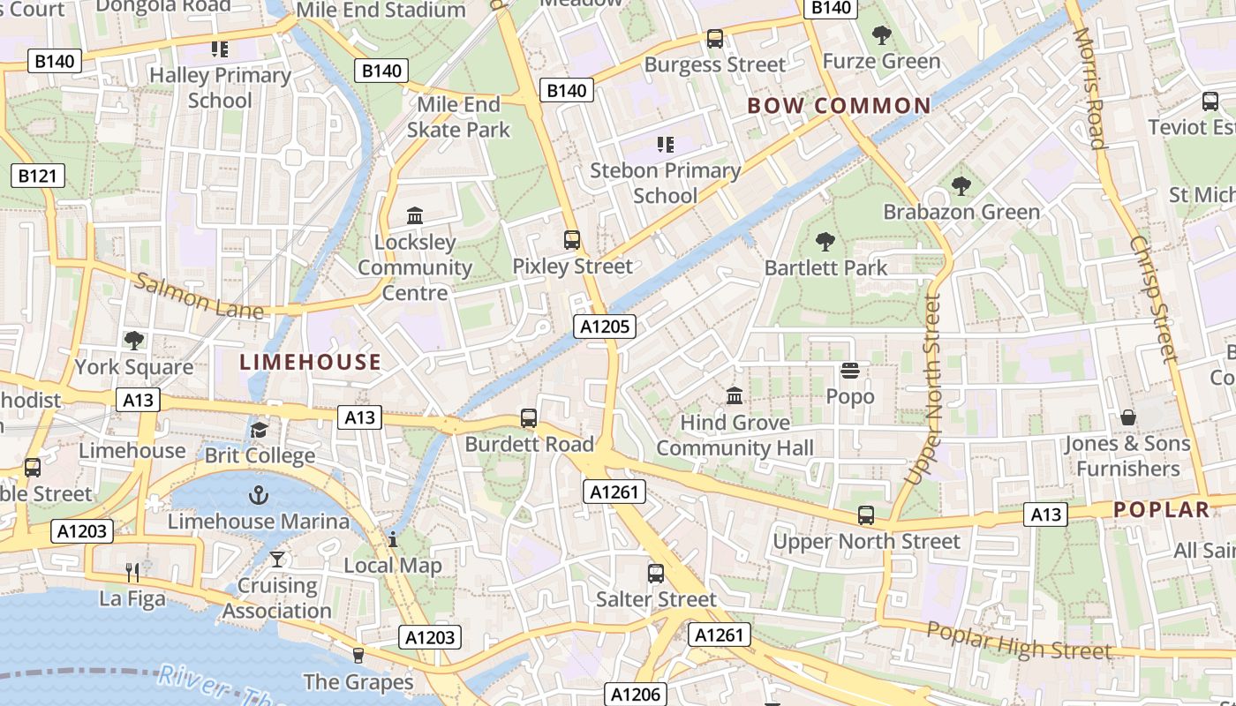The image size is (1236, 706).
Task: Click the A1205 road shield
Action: click(x=605, y=327)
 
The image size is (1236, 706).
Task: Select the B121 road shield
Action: click(x=37, y=176)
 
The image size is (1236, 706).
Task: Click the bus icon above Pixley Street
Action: click(x=572, y=240)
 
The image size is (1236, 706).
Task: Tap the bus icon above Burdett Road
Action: click(x=529, y=418)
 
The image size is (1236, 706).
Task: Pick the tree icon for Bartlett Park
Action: click(x=825, y=242)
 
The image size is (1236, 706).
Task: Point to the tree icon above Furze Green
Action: click(x=881, y=35)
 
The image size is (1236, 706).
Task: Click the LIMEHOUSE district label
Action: click(x=311, y=362)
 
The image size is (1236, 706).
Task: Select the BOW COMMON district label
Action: click(x=839, y=106)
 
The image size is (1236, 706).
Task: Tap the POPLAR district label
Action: click(x=1161, y=509)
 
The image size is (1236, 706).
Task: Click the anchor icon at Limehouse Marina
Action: click(x=259, y=494)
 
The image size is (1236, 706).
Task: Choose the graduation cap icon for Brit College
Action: click(x=259, y=430)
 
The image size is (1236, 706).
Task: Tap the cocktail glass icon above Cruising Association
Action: click(x=277, y=560)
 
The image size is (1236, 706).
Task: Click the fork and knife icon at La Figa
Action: click(x=132, y=573)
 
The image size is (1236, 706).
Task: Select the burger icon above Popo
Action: click(x=850, y=371)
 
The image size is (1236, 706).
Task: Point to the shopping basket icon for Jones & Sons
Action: click(x=1127, y=417)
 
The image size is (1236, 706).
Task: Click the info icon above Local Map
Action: click(x=393, y=539)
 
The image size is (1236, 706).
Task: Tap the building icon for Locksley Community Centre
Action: click(x=414, y=215)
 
